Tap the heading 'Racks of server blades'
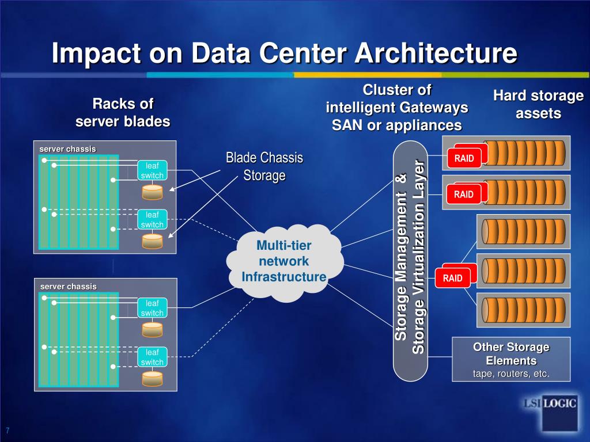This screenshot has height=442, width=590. (x=123, y=113)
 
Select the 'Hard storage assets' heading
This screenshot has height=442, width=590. (x=538, y=105)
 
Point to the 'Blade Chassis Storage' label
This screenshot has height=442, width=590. (x=264, y=166)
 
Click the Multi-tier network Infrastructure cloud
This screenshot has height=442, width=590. (x=284, y=262)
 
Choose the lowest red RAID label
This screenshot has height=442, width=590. (x=452, y=279)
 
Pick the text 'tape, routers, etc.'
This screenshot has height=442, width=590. (x=511, y=374)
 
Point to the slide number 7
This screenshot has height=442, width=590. (x=9, y=431)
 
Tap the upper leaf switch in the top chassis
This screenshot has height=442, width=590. (x=152, y=171)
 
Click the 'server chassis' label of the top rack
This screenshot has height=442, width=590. (x=67, y=149)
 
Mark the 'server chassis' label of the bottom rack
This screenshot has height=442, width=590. (x=68, y=286)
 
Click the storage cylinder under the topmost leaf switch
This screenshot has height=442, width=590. (x=153, y=191)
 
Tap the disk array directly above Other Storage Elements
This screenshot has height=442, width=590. (x=523, y=310)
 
